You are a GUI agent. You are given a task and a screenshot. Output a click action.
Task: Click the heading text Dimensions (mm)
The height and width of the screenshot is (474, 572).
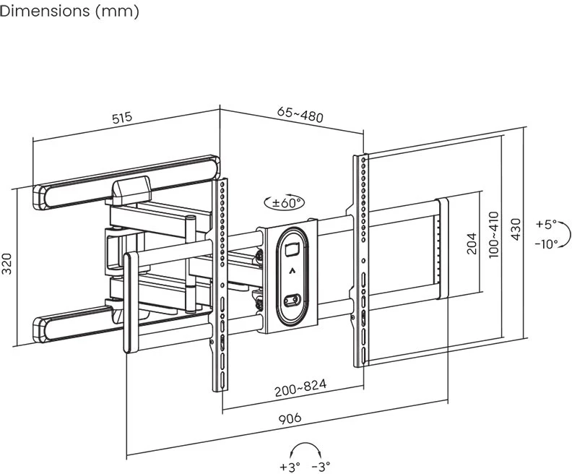pyautogui.click(x=69, y=12)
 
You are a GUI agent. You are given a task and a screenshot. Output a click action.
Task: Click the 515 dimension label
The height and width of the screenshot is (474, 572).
pyautogui.click(x=122, y=117)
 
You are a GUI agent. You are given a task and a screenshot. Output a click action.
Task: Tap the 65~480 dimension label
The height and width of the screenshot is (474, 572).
pyautogui.click(x=300, y=114)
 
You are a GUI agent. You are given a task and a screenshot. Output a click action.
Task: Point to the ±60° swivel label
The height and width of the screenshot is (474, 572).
pyautogui.click(x=285, y=203)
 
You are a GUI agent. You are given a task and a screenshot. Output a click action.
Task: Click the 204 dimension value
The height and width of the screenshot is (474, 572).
pyautogui.click(x=471, y=244)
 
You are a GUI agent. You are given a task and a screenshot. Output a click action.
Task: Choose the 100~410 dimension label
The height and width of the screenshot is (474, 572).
pyautogui.click(x=493, y=236)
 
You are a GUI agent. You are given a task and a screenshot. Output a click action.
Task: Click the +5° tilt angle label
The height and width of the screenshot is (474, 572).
pyautogui.click(x=546, y=224)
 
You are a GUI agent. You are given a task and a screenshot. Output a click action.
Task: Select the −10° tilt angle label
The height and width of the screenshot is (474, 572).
pyautogui.click(x=546, y=244)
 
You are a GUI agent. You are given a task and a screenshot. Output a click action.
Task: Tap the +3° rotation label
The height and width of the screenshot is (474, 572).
pyautogui.click(x=290, y=467)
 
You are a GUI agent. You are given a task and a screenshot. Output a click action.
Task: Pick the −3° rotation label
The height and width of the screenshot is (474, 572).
pyautogui.click(x=321, y=467)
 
